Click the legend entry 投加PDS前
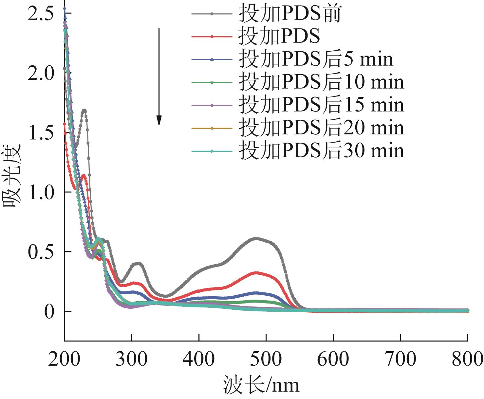click(290, 14)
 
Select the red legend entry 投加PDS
click(279, 37)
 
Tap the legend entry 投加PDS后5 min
click(316, 59)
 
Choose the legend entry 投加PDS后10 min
click(321, 82)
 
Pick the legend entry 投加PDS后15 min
click(321, 105)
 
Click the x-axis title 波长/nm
click(261, 385)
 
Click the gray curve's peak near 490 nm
click(256, 238)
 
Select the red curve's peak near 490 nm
click(257, 272)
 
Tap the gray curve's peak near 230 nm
click(84, 110)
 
